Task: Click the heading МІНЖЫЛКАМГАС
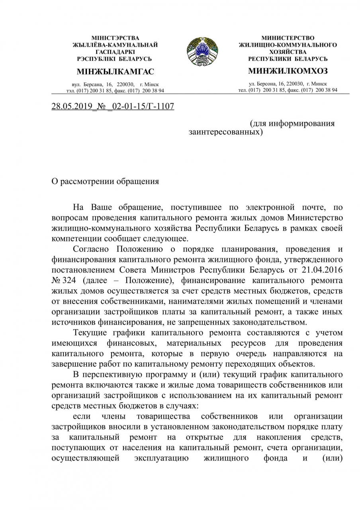[115, 72]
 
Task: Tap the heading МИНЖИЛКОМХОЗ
[288, 71]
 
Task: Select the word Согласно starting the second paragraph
[93, 249]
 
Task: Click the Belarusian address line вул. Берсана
[115, 84]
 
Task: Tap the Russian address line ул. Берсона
[288, 84]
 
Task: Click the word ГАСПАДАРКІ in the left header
[115, 52]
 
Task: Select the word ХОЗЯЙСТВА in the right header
[288, 52]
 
